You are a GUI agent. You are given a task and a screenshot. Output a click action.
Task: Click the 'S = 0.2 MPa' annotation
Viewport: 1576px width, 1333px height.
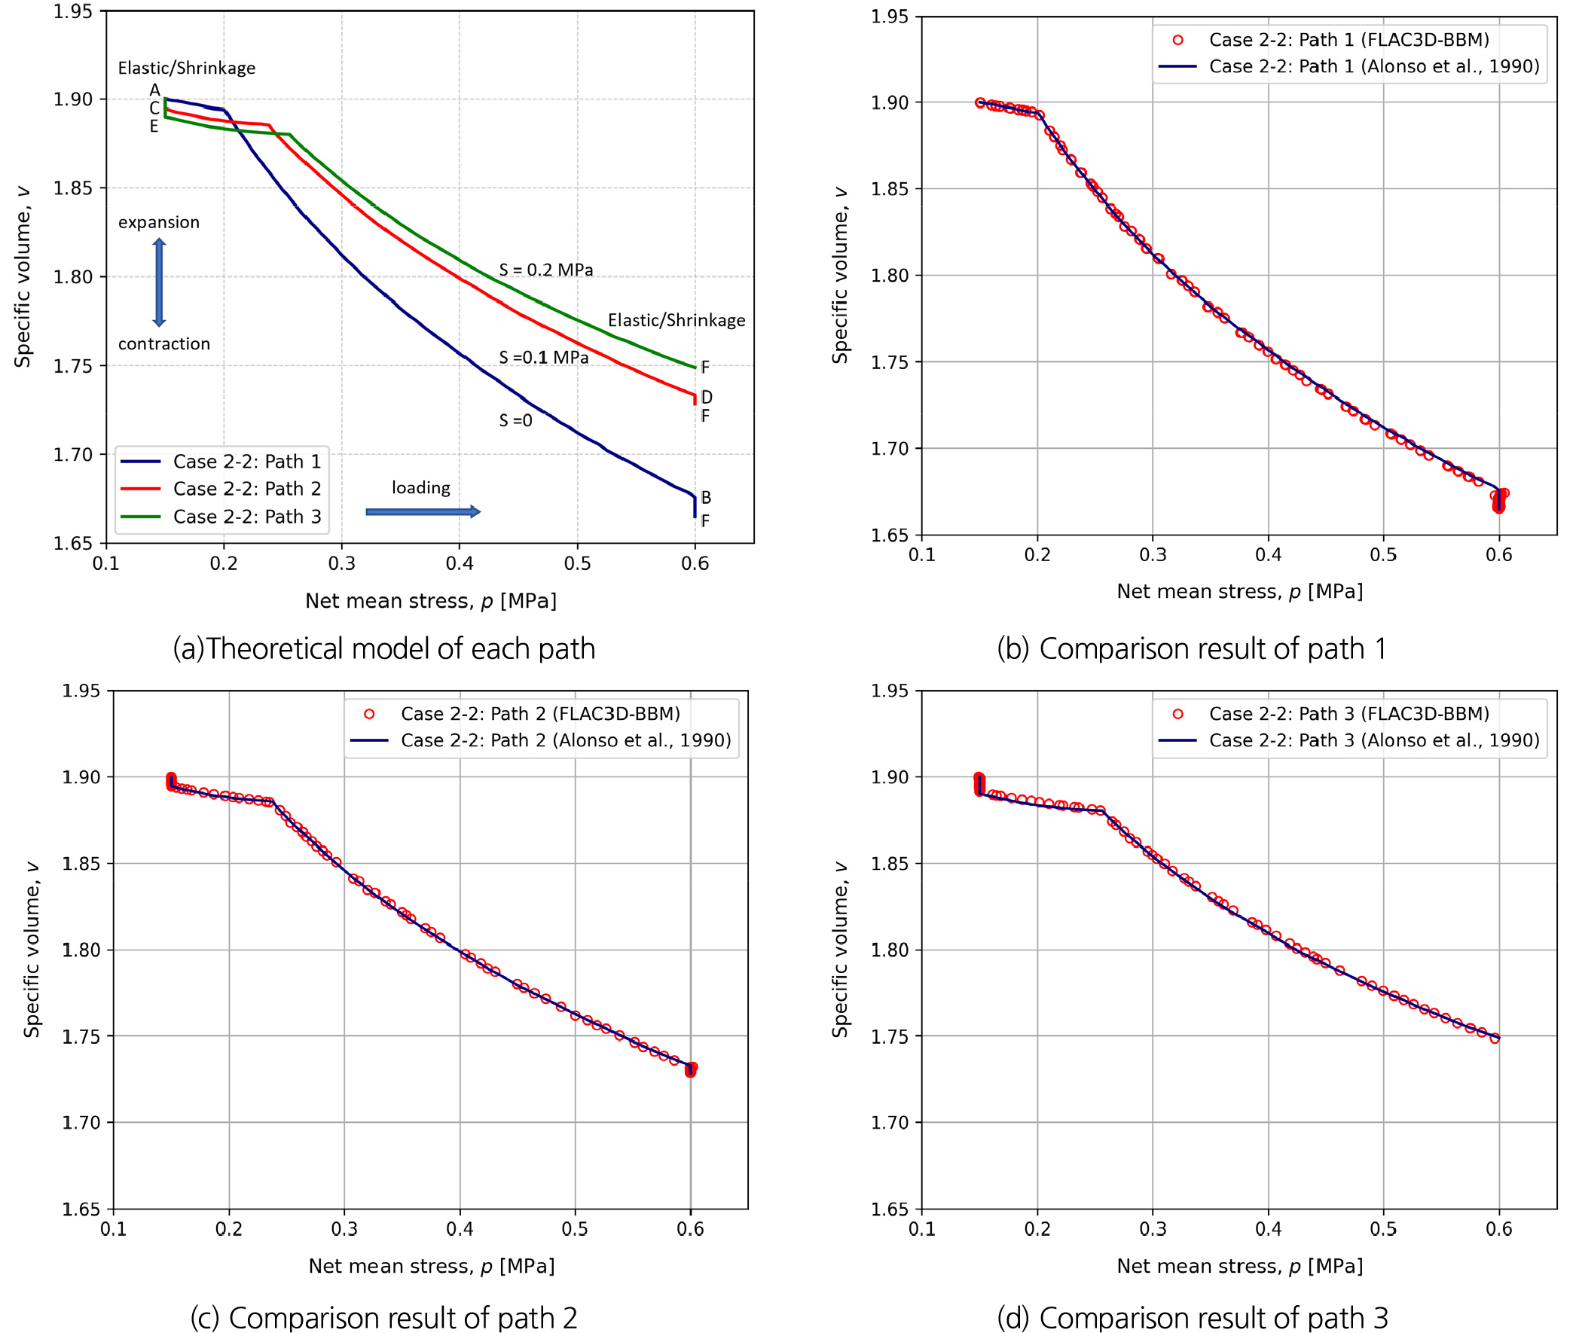[545, 270]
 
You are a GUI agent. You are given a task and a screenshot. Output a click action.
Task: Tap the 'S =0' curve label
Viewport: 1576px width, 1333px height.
[515, 420]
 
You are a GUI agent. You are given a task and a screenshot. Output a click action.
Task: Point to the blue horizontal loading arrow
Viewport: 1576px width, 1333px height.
[423, 511]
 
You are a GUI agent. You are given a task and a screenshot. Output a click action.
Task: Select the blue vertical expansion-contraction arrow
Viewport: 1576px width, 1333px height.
[159, 282]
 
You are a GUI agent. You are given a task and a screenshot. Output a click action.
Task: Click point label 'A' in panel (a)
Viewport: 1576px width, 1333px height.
[155, 90]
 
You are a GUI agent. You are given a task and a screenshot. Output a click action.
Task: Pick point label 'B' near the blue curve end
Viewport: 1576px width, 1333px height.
[706, 497]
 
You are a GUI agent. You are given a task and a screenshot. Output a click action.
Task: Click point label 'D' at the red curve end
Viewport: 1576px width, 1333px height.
[707, 397]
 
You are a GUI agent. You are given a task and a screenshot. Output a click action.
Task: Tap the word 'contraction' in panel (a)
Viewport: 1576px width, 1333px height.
[164, 344]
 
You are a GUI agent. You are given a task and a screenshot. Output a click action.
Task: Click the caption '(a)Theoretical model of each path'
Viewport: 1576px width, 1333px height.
[384, 648]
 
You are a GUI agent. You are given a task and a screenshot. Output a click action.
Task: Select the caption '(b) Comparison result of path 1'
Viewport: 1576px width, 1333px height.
[1191, 648]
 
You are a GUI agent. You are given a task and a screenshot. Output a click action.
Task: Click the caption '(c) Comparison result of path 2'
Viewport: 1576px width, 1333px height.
[384, 1317]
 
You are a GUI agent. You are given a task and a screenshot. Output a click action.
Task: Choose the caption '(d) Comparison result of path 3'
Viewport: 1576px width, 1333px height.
[1192, 1317]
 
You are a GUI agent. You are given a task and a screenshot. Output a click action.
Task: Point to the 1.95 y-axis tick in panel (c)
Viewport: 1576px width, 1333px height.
[81, 691]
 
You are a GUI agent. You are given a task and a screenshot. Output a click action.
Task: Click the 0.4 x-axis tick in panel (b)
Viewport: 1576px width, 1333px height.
[1269, 554]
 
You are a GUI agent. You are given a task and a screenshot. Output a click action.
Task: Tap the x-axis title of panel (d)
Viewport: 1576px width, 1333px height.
[1240, 1266]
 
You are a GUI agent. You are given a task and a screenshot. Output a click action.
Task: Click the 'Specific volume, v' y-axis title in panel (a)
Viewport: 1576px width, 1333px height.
[23, 276]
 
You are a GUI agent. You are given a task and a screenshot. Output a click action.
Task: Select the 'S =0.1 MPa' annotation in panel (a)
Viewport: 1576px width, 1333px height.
[543, 357]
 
